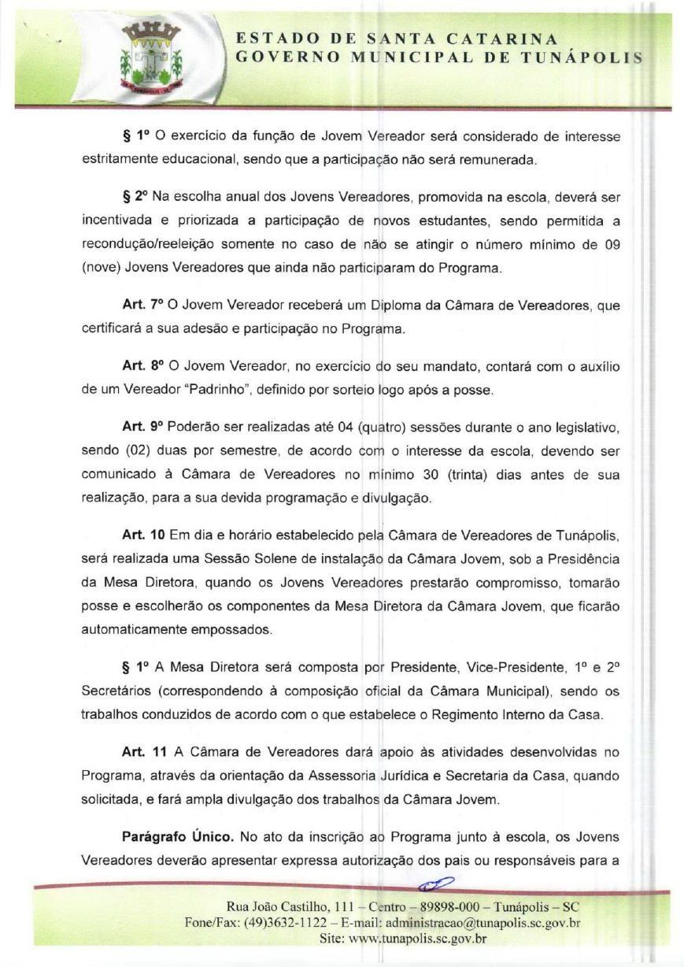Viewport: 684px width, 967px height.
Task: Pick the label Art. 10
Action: (142, 535)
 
